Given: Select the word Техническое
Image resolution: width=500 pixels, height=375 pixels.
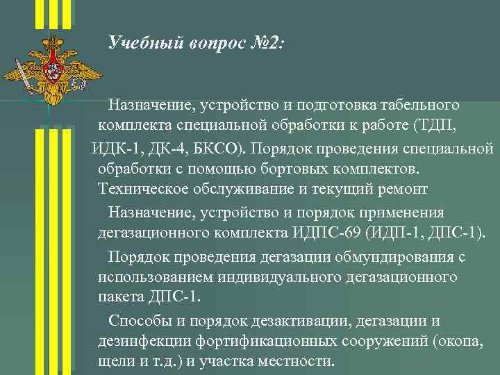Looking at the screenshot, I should tap(141, 190).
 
